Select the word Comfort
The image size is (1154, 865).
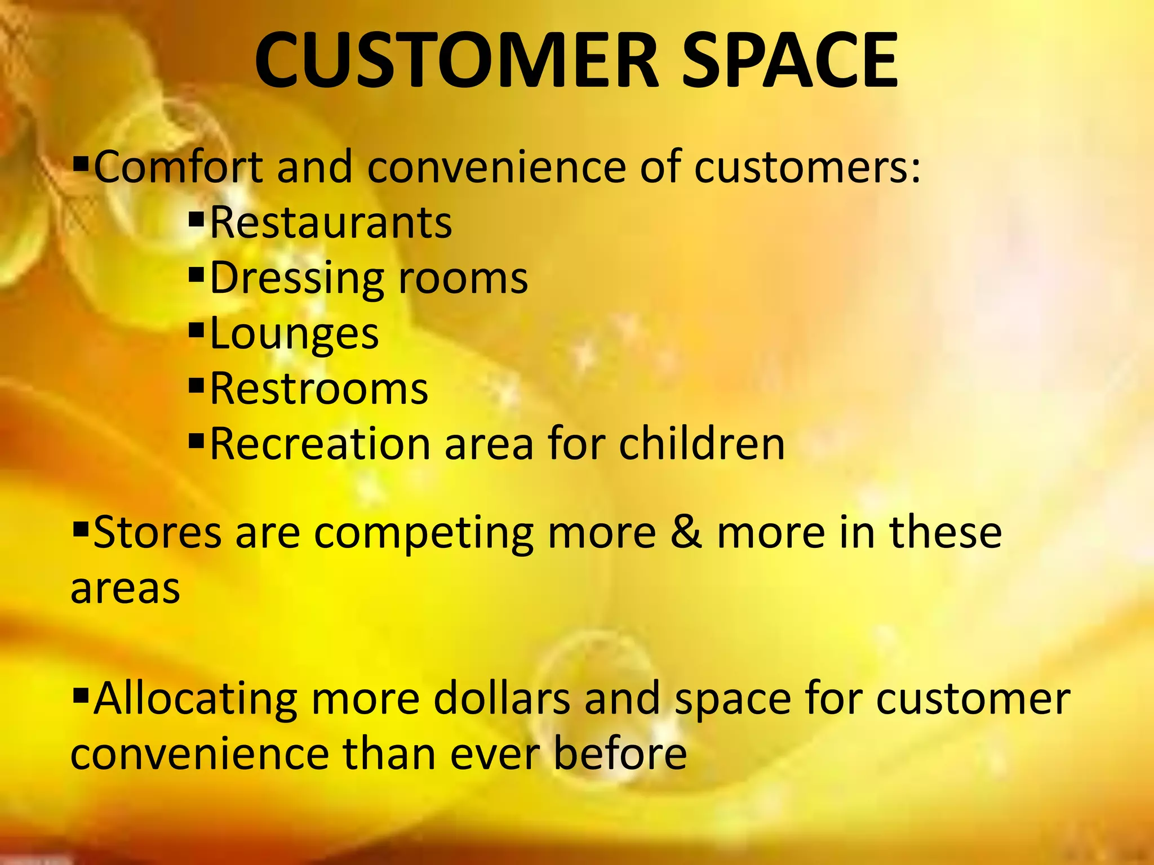click(x=178, y=167)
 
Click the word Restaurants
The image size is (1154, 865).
click(x=331, y=223)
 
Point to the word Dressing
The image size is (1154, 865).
click(x=297, y=278)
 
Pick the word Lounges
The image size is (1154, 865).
click(x=294, y=334)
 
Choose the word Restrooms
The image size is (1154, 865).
click(x=319, y=389)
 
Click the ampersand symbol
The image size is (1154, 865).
click(x=686, y=533)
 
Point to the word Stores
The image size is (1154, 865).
click(x=157, y=533)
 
